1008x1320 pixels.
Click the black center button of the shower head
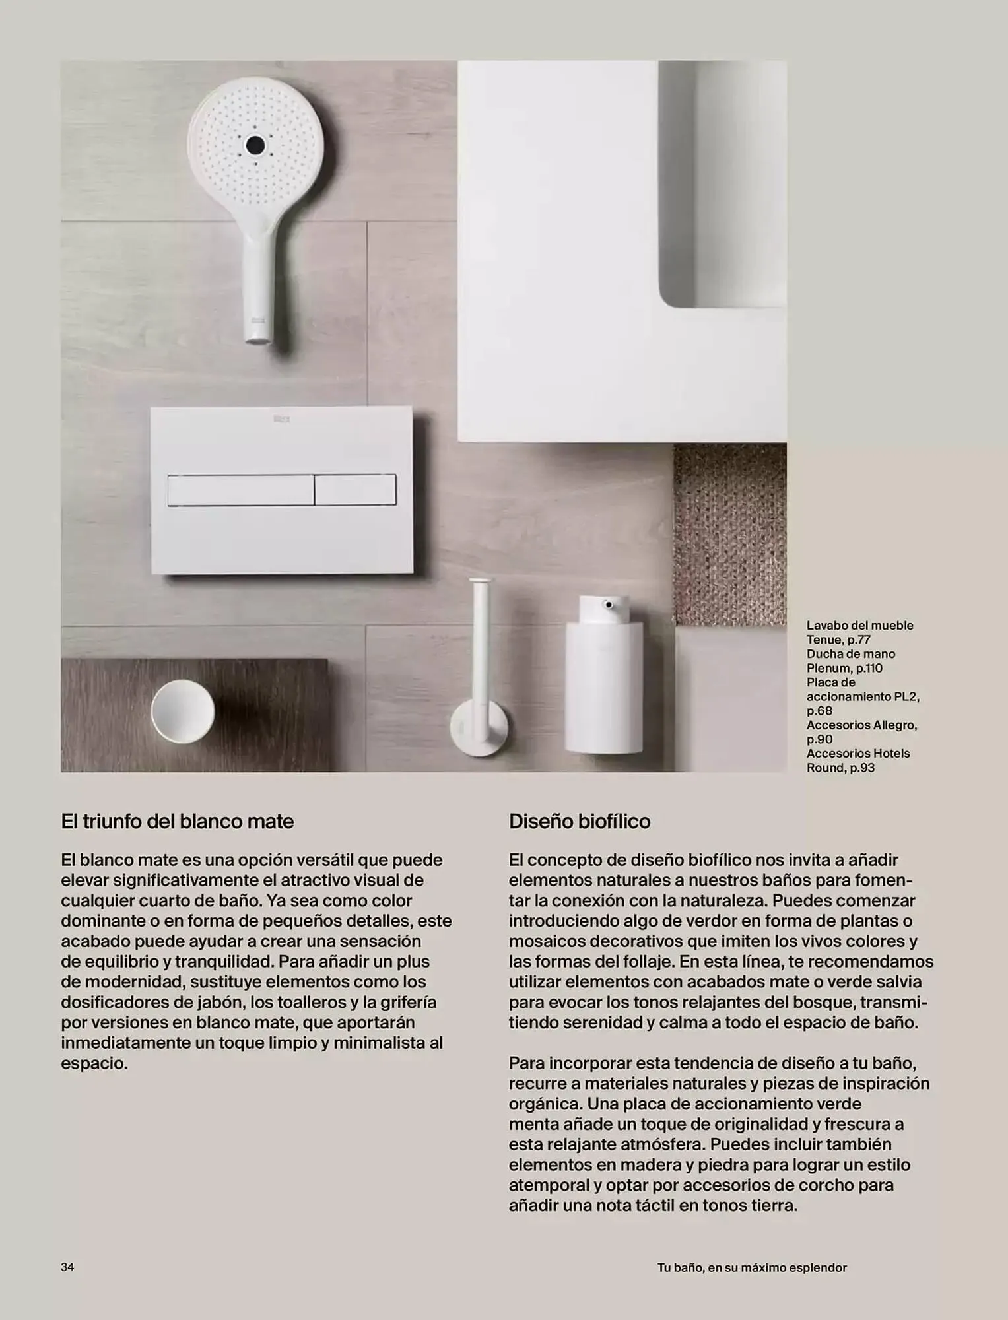pyautogui.click(x=255, y=145)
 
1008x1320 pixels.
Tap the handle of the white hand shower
pyautogui.click(x=257, y=284)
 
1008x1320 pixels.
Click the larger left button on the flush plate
pyautogui.click(x=240, y=490)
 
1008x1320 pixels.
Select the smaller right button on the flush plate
pyautogui.click(x=355, y=490)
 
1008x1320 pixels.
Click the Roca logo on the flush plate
pyautogui.click(x=282, y=418)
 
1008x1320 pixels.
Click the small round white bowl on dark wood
pyautogui.click(x=183, y=711)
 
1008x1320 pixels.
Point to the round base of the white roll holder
pyautogui.click(x=479, y=729)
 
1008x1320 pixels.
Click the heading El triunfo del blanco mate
pyautogui.click(x=177, y=821)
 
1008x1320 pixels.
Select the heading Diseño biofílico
pyautogui.click(x=579, y=821)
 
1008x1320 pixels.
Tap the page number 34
pyautogui.click(x=67, y=1267)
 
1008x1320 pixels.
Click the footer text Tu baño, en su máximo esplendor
pyautogui.click(x=751, y=1267)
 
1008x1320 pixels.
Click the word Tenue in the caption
pyautogui.click(x=824, y=640)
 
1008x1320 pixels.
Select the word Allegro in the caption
pyautogui.click(x=893, y=725)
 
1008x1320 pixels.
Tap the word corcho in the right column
pyautogui.click(x=826, y=1185)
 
